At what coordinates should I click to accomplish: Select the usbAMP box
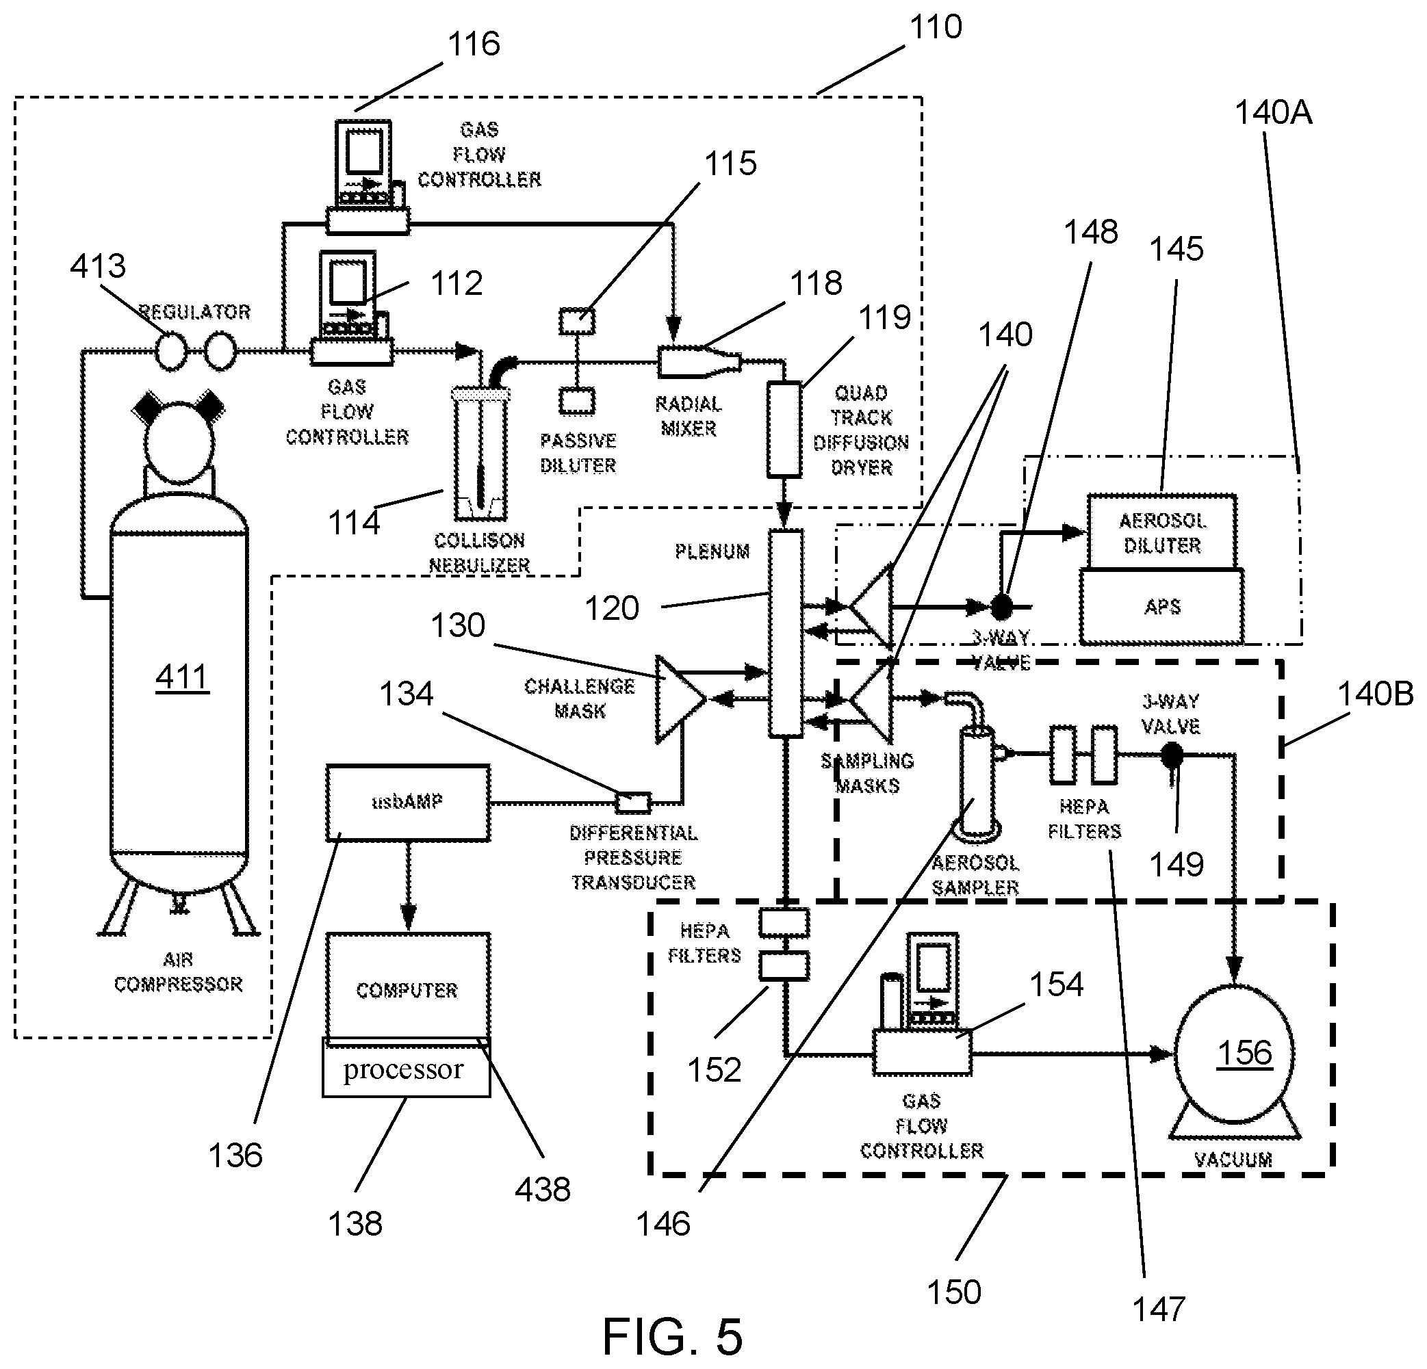pyautogui.click(x=408, y=803)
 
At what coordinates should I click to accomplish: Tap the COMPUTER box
pyautogui.click(x=408, y=989)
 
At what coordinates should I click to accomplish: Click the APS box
pyautogui.click(x=1162, y=607)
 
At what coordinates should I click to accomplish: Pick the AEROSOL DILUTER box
pyautogui.click(x=1162, y=533)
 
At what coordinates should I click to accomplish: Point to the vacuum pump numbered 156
pyautogui.click(x=1235, y=1053)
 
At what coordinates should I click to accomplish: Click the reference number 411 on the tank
pyautogui.click(x=182, y=677)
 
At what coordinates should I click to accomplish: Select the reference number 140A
pyautogui.click(x=1272, y=114)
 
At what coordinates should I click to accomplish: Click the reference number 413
pyautogui.click(x=98, y=266)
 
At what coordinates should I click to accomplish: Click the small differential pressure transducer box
pyautogui.click(x=632, y=802)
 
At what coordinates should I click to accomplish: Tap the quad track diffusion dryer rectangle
pyautogui.click(x=784, y=430)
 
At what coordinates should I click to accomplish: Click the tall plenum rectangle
pyautogui.click(x=786, y=634)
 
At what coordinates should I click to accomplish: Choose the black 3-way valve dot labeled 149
pyautogui.click(x=1172, y=755)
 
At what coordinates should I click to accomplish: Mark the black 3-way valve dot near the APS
pyautogui.click(x=1003, y=605)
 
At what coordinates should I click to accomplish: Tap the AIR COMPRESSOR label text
pyautogui.click(x=179, y=972)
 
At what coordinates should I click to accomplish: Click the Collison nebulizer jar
pyautogui.click(x=480, y=455)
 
